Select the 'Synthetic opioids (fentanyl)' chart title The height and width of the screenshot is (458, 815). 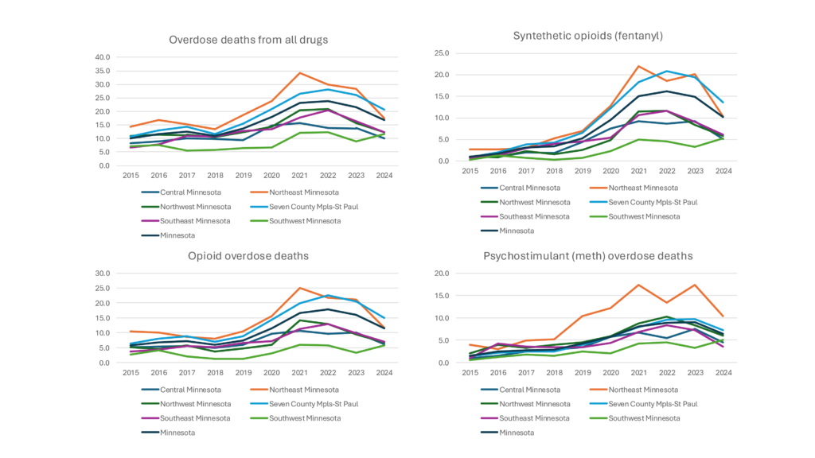[587, 35]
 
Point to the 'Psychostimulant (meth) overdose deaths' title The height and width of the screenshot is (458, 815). [588, 255]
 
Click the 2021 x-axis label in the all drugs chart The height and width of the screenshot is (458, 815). [299, 175]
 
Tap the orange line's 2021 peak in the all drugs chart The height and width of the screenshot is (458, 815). [299, 73]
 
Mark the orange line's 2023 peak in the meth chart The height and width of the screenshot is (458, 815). [696, 285]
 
